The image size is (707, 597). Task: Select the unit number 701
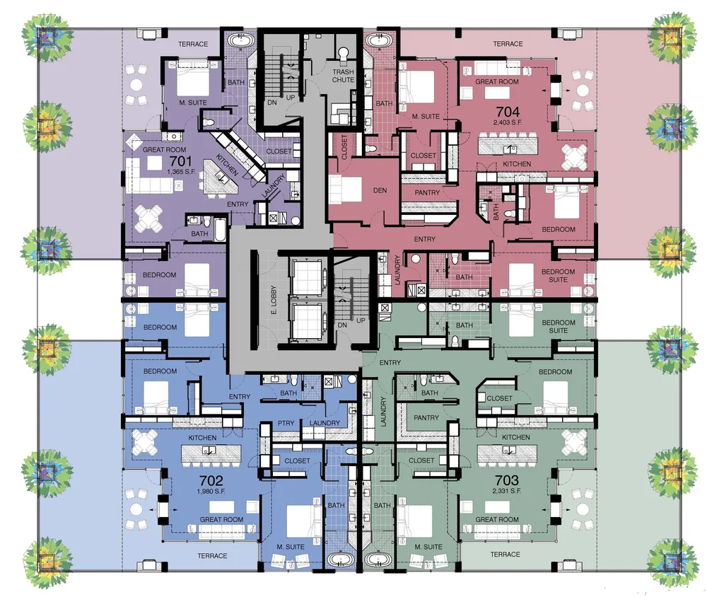180,161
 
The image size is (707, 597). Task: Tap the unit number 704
508,110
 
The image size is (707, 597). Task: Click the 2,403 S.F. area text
508,122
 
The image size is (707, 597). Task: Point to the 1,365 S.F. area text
181,172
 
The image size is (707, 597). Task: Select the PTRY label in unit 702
285,424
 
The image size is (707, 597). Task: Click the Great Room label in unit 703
497,520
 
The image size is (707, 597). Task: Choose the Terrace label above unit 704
508,44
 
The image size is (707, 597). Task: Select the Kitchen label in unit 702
202,438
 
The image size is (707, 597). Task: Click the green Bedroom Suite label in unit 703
559,326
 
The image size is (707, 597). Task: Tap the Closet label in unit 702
297,461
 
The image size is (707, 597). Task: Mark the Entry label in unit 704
425,239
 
